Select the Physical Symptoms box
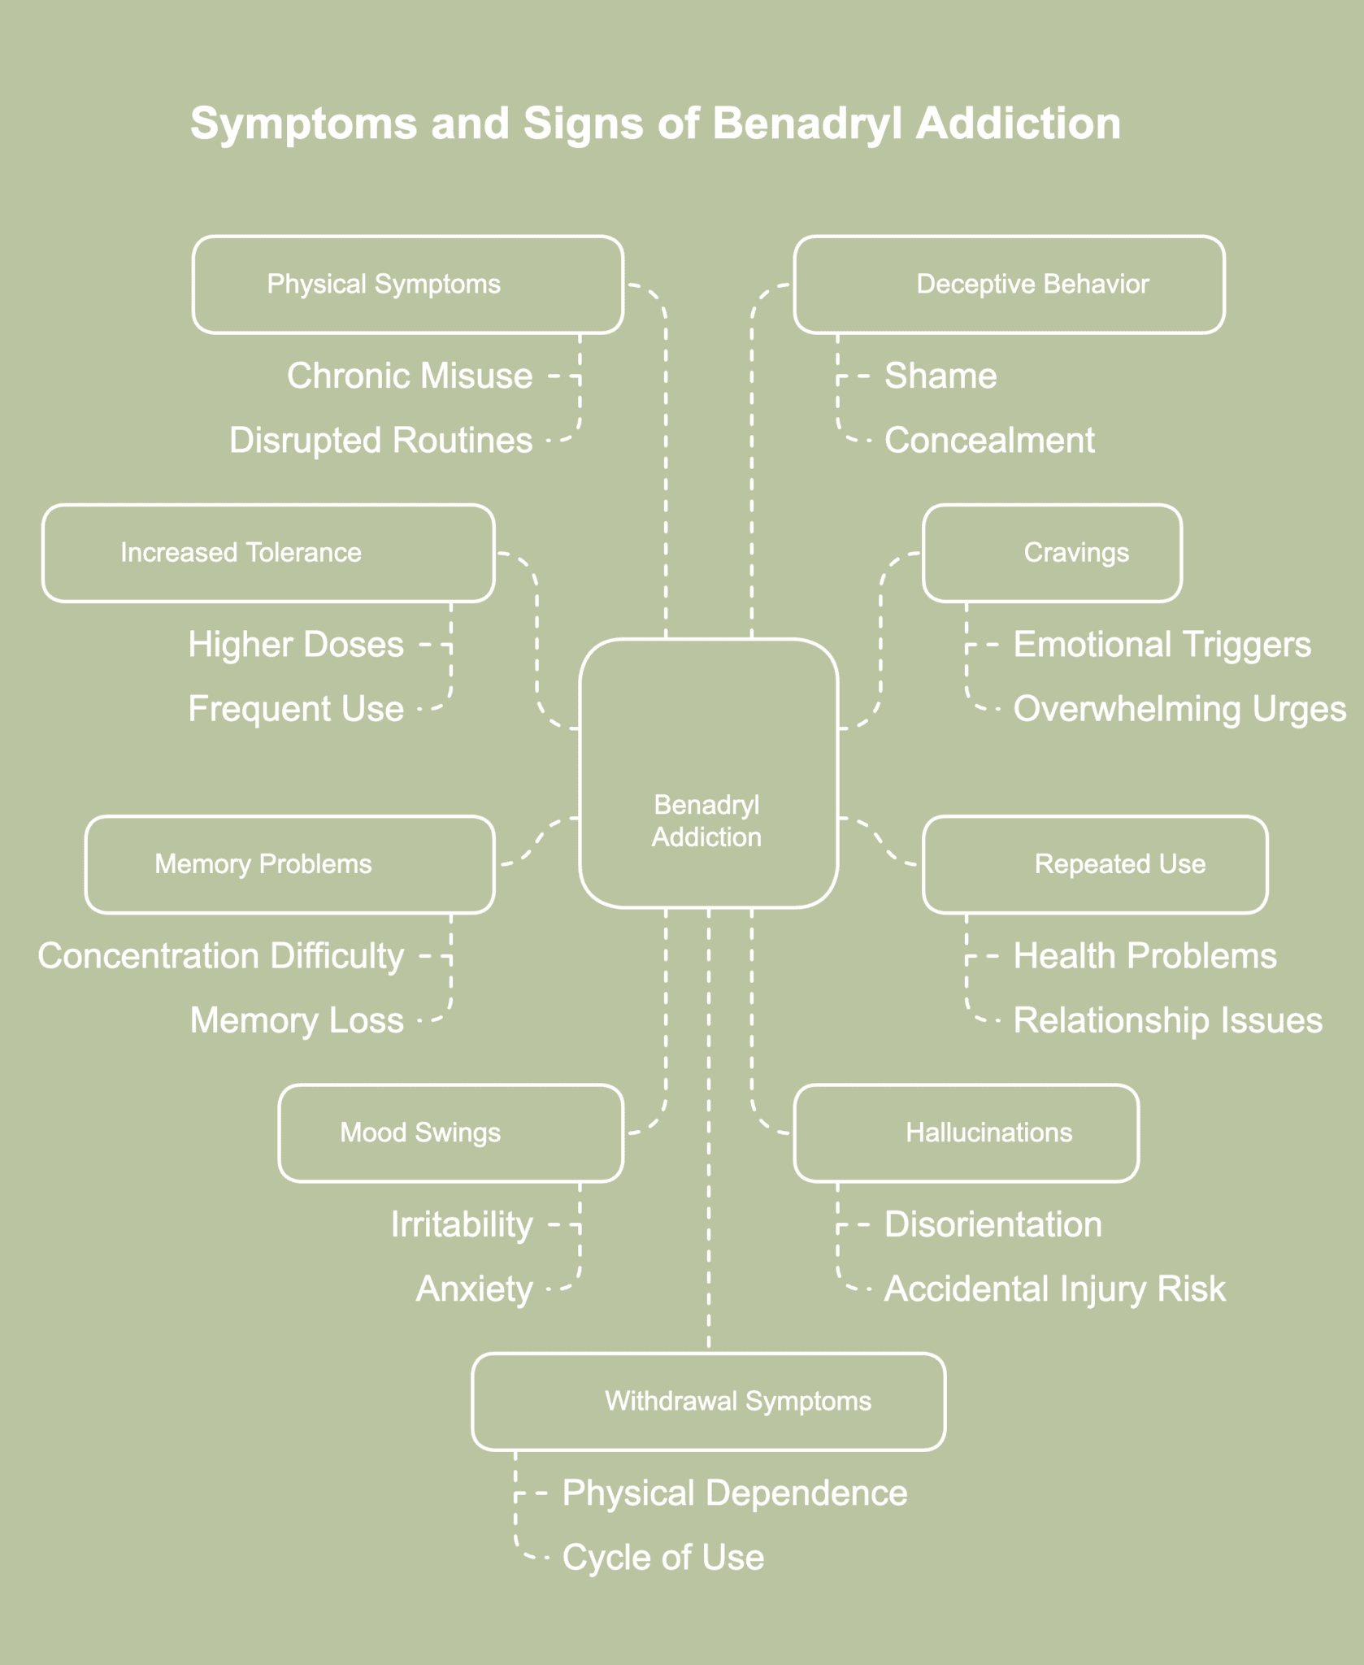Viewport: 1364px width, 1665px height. (408, 285)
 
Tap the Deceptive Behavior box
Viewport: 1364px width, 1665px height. (1009, 285)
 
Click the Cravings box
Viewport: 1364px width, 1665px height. (1052, 553)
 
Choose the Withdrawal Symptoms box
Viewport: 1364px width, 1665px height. (708, 1401)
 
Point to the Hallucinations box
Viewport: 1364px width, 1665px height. (966, 1132)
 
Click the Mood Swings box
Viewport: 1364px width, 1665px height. (451, 1132)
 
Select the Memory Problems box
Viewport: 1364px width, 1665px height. (290, 864)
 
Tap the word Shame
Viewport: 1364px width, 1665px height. (940, 376)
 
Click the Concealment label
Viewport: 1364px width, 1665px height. (989, 441)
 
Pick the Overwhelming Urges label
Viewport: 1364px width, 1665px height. (1179, 709)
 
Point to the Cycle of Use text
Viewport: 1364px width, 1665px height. (663, 1558)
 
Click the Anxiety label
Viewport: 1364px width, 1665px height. (475, 1289)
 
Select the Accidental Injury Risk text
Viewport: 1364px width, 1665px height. (1054, 1289)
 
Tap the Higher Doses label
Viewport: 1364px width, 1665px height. (297, 645)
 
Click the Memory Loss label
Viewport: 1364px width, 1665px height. (297, 1021)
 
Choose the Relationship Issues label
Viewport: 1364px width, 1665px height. (1167, 1021)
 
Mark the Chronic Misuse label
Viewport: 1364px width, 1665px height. (410, 376)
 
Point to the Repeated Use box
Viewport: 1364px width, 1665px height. (1095, 864)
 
